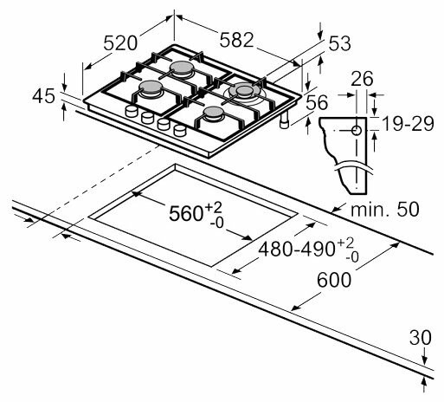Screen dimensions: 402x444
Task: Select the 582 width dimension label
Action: pos(235,38)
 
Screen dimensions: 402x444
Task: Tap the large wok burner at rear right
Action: pos(244,90)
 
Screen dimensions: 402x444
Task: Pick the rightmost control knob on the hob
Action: pos(179,131)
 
